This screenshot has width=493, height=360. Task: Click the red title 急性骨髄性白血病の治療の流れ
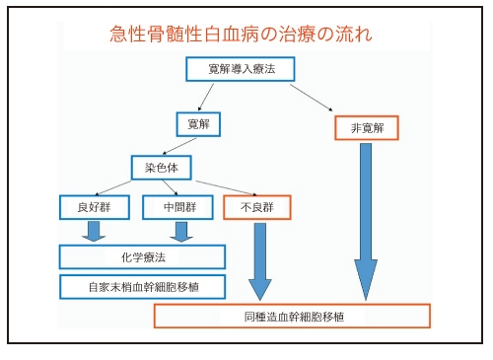pyautogui.click(x=241, y=34)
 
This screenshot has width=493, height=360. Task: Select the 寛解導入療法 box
pyautogui.click(x=241, y=69)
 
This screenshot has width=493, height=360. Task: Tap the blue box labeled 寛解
pyautogui.click(x=198, y=124)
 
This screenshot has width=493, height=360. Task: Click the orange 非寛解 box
pyautogui.click(x=367, y=128)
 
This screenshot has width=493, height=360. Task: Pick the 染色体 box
pyautogui.click(x=162, y=168)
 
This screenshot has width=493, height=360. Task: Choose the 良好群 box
pyautogui.click(x=95, y=207)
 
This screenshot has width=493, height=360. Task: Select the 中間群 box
pyautogui.click(x=177, y=207)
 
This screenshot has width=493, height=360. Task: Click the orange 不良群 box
pyautogui.click(x=257, y=207)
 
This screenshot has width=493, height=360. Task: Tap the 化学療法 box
pyautogui.click(x=142, y=256)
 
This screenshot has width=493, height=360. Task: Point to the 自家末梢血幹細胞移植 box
pyautogui.click(x=142, y=287)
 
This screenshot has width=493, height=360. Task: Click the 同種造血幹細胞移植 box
pyautogui.click(x=292, y=317)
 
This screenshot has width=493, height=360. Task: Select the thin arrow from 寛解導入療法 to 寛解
pyautogui.click(x=206, y=98)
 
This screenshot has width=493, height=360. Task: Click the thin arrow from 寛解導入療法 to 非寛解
pyautogui.click(x=312, y=98)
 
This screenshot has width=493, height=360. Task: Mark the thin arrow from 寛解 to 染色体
pyautogui.click(x=179, y=146)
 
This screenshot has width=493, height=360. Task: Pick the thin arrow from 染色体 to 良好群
pyautogui.click(x=113, y=188)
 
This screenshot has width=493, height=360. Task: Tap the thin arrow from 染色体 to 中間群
pyautogui.click(x=170, y=187)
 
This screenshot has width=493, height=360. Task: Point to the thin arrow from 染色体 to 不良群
pyautogui.click(x=226, y=188)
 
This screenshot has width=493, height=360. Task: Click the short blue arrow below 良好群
pyautogui.click(x=94, y=232)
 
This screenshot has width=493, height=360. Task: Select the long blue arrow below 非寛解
pyautogui.click(x=366, y=222)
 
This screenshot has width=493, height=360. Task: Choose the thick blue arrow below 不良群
pyautogui.click(x=260, y=261)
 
